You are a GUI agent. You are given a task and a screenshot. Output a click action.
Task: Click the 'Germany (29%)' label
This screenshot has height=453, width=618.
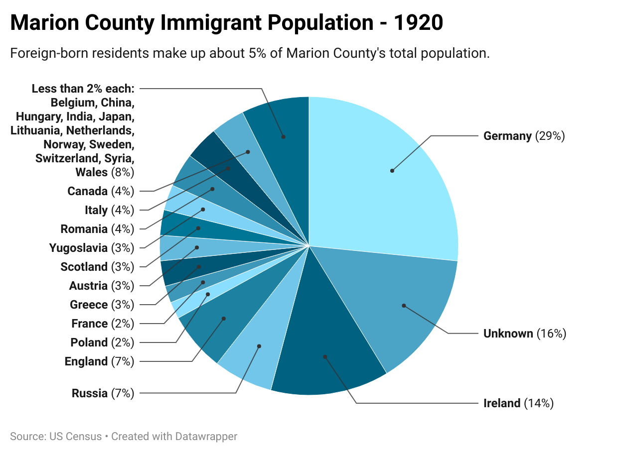(524, 136)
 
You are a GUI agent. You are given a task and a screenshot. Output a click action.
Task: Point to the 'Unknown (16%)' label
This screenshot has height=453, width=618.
(524, 334)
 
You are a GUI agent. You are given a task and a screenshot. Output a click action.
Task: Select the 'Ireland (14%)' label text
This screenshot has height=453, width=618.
(518, 403)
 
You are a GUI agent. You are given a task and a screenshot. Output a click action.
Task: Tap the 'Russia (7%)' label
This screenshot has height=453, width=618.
(103, 393)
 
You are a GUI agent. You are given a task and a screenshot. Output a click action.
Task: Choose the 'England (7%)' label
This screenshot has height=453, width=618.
(99, 361)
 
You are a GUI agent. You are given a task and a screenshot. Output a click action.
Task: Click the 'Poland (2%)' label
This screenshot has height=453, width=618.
(102, 342)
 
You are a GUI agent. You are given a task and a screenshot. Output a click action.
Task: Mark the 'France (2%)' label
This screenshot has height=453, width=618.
(103, 324)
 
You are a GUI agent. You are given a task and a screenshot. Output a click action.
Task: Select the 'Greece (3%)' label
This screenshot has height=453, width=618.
(102, 305)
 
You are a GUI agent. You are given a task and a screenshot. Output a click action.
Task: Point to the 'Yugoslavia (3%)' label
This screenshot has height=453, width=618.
(91, 248)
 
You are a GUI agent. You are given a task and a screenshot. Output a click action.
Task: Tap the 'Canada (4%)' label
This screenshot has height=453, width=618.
(101, 191)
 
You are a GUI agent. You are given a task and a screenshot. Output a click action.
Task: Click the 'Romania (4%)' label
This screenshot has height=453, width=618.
(97, 229)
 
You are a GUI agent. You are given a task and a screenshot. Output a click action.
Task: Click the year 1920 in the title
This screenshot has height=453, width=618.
(418, 23)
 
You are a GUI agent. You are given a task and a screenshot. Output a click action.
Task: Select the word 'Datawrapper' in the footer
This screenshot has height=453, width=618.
(206, 437)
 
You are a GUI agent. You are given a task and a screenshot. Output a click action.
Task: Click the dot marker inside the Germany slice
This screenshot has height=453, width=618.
(392, 171)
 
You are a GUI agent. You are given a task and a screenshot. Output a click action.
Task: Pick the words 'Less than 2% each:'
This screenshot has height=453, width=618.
(83, 89)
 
